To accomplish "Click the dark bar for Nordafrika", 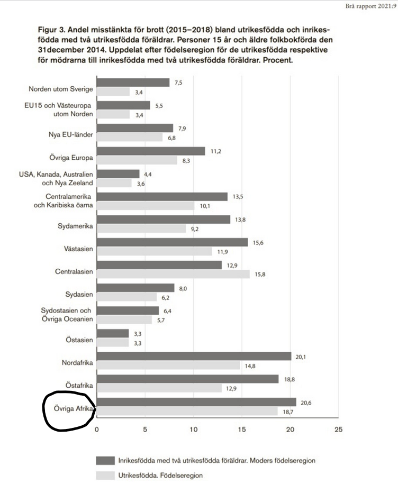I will [x=194, y=356].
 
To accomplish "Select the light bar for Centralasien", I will [x=174, y=274].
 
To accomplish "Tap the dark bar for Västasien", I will [x=172, y=242].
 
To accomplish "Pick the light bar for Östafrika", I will [x=159, y=388].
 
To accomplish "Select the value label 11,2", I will [x=216, y=151].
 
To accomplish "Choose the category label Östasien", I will [x=80, y=340].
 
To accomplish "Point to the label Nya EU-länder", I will [x=71, y=134].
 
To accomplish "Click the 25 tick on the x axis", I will [x=338, y=430].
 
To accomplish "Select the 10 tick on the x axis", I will [x=193, y=430].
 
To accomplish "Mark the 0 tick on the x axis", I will [x=96, y=430].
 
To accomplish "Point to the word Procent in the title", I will [x=278, y=61].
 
